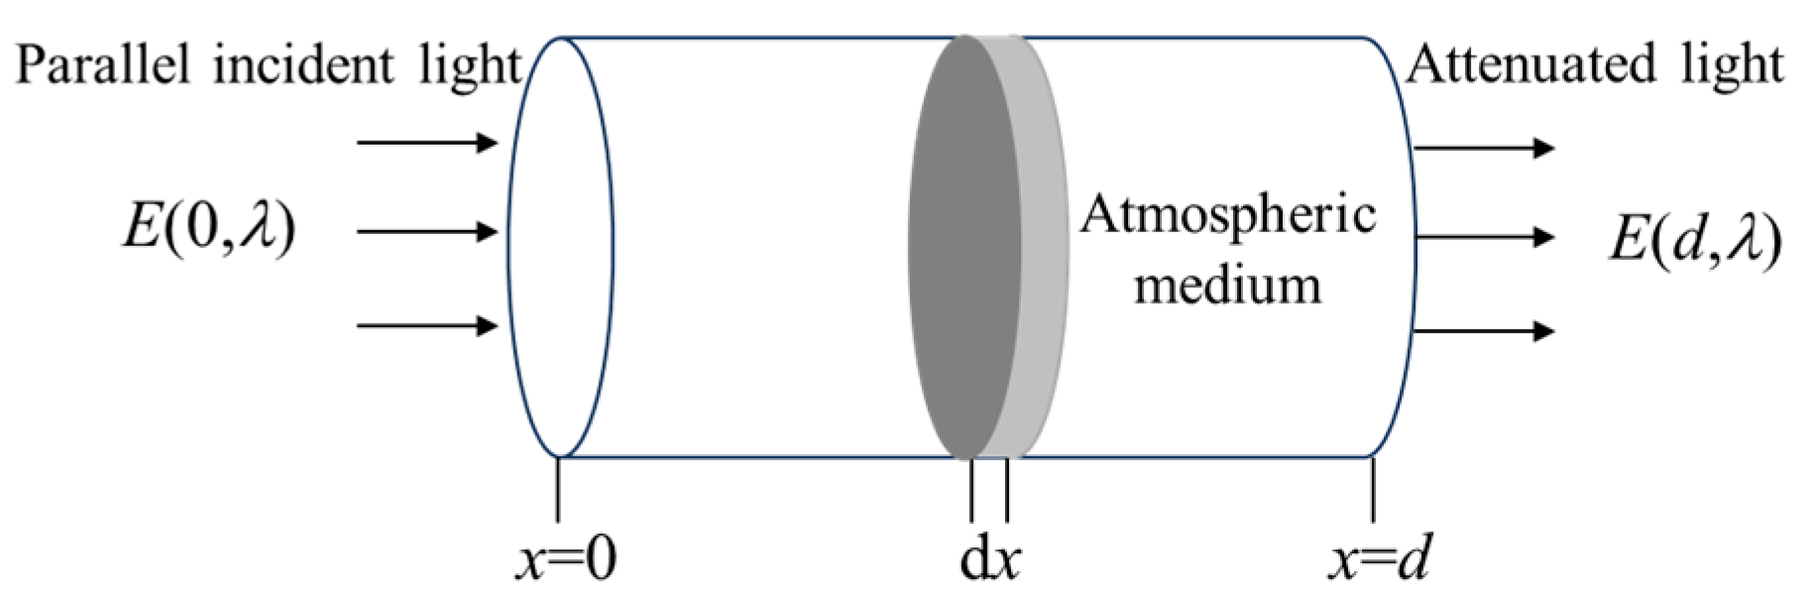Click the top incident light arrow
(426, 143)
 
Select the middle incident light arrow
(426, 233)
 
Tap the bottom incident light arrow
(426, 325)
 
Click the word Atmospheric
(1228, 214)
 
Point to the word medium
(1228, 285)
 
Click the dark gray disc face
(962, 248)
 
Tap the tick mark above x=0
(558, 490)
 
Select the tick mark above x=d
(1373, 490)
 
